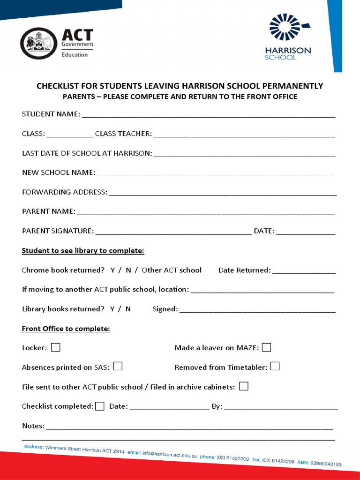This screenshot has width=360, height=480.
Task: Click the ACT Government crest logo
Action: pos(38,44)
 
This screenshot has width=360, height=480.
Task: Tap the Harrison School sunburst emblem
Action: pos(287,27)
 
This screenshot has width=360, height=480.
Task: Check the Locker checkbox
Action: pos(56,347)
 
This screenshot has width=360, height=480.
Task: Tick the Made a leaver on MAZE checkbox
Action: pos(266,347)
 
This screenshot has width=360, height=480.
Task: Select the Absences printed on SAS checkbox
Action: pos(118,366)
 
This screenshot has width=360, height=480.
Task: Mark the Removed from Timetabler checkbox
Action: pos(275,366)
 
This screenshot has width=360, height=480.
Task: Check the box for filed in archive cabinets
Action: pos(244,386)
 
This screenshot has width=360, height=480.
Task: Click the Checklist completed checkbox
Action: pos(99,406)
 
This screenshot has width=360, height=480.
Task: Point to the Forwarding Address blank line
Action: pos(223,193)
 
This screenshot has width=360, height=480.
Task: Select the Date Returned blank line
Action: pos(304,271)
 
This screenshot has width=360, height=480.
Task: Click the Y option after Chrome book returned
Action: pos(113,270)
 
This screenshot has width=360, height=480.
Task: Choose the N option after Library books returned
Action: pos(128,309)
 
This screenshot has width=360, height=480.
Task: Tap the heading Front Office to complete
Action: pos(66,329)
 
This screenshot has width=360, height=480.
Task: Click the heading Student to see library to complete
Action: pos(83,251)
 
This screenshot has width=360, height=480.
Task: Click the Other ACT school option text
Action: pos(172,270)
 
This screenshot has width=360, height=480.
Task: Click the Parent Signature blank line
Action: pos(173,232)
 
